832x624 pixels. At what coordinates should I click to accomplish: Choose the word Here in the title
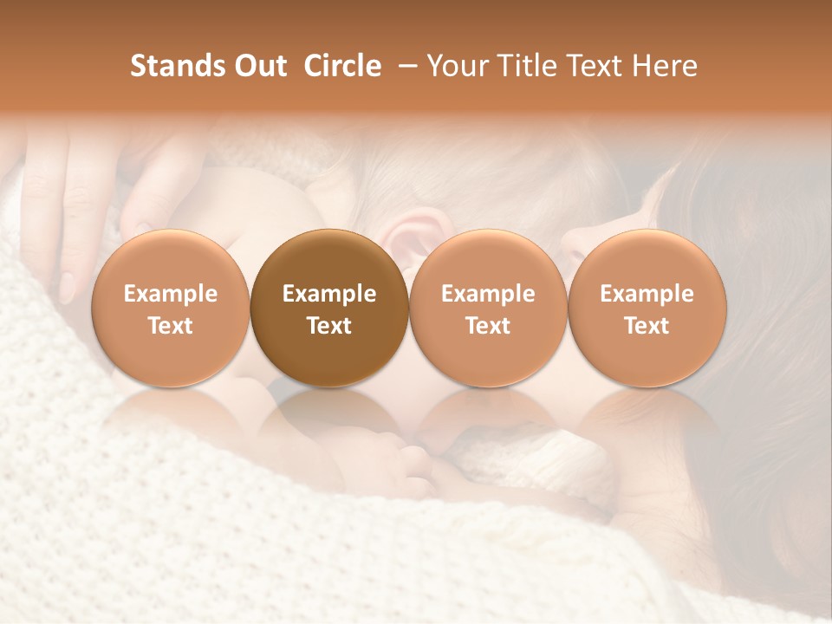(x=665, y=66)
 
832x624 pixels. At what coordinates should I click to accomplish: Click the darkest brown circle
(x=329, y=308)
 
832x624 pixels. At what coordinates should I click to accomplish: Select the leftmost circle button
(x=171, y=308)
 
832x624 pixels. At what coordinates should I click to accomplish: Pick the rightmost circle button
(x=647, y=308)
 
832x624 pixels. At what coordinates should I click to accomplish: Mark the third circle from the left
(x=488, y=308)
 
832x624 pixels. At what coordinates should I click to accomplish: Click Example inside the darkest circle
(x=329, y=294)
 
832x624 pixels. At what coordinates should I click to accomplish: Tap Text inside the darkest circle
(x=329, y=326)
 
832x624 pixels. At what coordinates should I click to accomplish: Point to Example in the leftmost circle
(x=171, y=294)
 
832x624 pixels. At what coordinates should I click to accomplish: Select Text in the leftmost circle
(x=171, y=326)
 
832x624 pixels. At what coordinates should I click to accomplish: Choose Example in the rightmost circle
(x=647, y=294)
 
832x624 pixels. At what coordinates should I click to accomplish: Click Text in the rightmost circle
(x=647, y=326)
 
